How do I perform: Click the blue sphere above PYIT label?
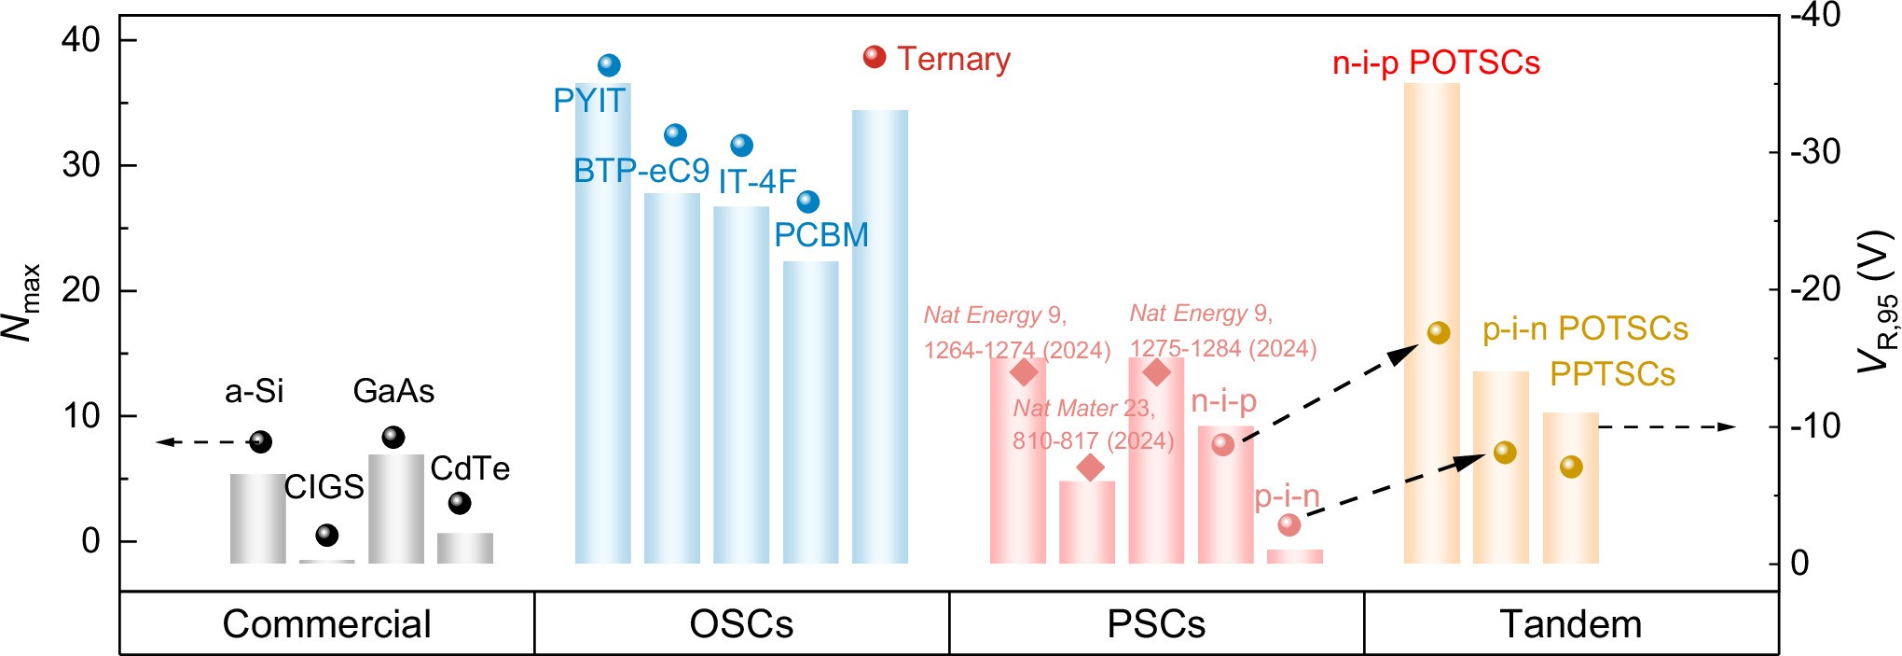coord(609,65)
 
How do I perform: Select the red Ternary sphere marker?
coord(874,57)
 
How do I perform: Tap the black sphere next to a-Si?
coord(261,442)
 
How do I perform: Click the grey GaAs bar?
coord(396,509)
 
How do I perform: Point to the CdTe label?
coord(470,468)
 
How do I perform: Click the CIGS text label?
coord(324,487)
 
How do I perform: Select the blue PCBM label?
coord(821,235)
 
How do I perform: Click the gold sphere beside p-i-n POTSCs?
coord(1439,333)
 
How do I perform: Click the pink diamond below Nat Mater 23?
coord(1090,468)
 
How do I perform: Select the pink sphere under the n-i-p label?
coord(1223,444)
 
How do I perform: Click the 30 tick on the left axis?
coord(81,165)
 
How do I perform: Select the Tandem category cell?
coord(1571,624)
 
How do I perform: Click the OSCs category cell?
coord(741,624)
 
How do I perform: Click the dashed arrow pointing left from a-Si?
coord(200,441)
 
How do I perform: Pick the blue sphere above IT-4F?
coord(741,146)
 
